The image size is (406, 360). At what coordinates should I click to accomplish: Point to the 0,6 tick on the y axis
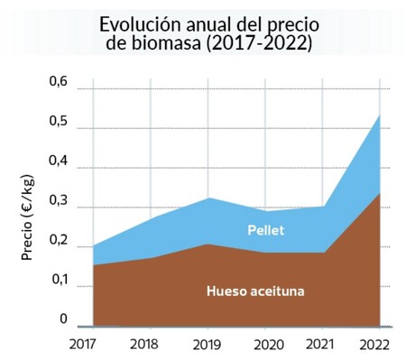click(59, 82)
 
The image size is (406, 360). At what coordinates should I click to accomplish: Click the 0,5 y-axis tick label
click(59, 123)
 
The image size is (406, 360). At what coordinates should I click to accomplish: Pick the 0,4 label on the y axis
click(59, 162)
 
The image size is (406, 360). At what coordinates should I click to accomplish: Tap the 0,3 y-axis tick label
click(59, 201)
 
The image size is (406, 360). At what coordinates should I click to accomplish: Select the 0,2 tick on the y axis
click(59, 241)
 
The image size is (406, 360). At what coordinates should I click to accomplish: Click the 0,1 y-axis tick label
click(59, 281)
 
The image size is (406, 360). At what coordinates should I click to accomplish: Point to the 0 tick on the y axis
click(64, 318)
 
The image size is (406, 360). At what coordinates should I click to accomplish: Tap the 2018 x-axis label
click(143, 344)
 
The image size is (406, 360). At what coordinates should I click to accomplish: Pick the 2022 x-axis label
click(374, 344)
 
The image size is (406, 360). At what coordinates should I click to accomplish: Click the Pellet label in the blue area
click(266, 230)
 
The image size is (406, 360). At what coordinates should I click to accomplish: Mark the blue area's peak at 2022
click(379, 115)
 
